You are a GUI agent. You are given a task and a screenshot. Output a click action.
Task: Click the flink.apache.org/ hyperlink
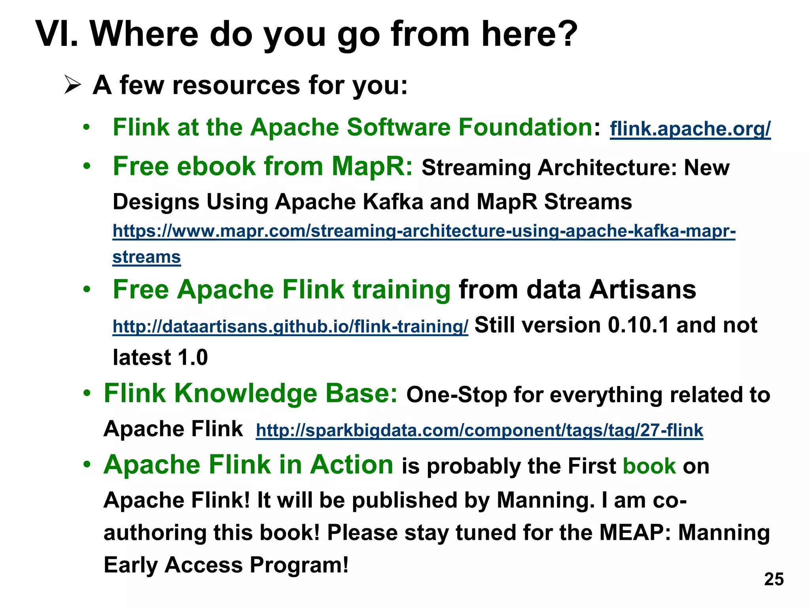(690, 129)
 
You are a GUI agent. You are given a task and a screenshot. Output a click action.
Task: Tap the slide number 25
(774, 579)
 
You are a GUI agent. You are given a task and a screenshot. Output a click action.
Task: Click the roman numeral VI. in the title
(57, 34)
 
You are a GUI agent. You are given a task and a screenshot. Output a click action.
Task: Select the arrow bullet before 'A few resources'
(73, 85)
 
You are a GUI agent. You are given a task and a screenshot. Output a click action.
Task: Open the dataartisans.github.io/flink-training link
(290, 327)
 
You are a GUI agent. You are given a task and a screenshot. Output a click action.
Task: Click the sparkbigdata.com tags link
(479, 430)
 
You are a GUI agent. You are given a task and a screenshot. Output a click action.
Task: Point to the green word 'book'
(649, 466)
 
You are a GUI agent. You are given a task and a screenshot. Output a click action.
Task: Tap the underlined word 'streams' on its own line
(146, 257)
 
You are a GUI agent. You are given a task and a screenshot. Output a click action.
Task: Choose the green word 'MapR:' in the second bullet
(371, 166)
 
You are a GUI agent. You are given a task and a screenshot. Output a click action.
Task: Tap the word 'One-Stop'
(456, 395)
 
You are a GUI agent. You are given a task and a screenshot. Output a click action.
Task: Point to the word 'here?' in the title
(529, 34)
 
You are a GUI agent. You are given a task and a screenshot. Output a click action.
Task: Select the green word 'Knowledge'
(245, 393)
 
